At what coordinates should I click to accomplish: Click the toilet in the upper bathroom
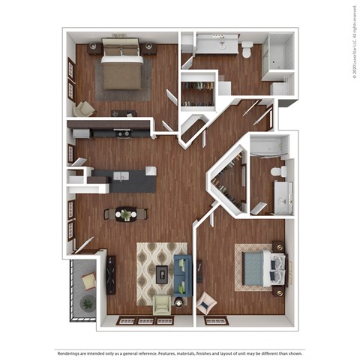coord(247,50)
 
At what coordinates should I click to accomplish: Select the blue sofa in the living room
coord(183,274)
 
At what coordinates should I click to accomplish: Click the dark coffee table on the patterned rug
coord(162,274)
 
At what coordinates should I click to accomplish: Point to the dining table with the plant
coord(125,214)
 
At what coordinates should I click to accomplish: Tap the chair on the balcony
coord(88,281)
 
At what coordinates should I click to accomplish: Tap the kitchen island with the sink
coord(124,179)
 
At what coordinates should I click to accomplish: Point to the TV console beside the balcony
coord(111,274)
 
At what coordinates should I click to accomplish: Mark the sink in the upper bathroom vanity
coord(222,44)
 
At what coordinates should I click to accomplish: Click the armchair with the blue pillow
coord(205,303)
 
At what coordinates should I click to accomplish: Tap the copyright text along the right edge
coord(353,41)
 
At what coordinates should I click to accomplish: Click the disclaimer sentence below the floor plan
coord(180,353)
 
